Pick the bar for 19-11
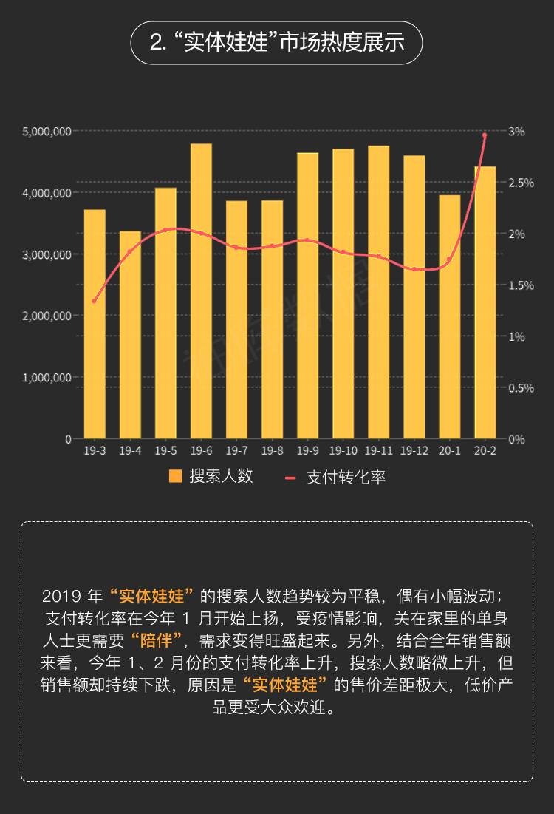(378, 292)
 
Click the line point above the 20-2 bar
(485, 135)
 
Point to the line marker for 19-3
(94, 301)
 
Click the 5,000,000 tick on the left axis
(47, 132)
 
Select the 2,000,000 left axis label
(47, 316)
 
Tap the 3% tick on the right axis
(516, 132)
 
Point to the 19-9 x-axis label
(307, 450)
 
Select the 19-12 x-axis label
(414, 450)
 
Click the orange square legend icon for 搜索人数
(175, 477)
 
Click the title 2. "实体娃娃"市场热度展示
(277, 42)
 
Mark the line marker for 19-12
(414, 269)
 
